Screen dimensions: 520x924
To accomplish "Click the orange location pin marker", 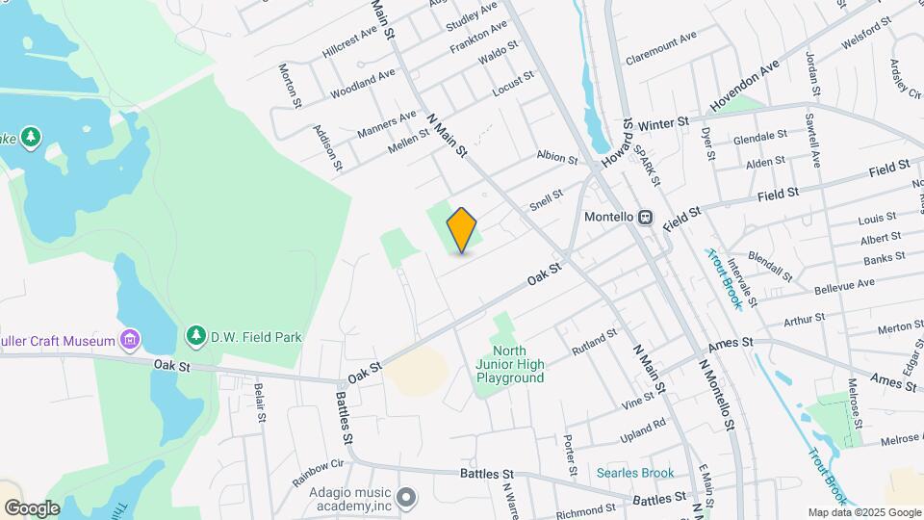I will [x=462, y=230].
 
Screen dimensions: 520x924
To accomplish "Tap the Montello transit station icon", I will [x=645, y=218].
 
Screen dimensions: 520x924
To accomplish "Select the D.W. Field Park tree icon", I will [x=196, y=335].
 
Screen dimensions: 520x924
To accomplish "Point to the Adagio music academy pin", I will [x=406, y=497].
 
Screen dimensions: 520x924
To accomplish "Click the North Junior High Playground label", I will [x=509, y=364].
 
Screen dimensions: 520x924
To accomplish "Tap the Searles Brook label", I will [x=634, y=473].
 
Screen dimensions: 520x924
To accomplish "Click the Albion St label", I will [x=556, y=158].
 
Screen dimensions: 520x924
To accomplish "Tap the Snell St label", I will [x=546, y=200].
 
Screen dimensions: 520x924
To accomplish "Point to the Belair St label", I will [x=259, y=403].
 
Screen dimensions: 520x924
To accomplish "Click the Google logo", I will [x=32, y=508].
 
